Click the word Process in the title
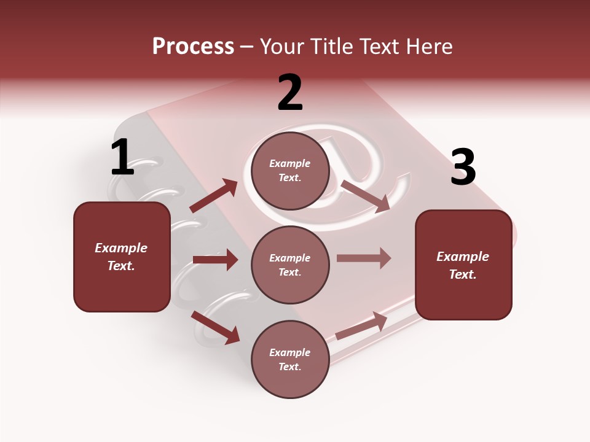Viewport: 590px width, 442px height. pos(193,46)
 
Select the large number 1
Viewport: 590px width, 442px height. pos(122,158)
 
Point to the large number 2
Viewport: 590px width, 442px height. pos(290,93)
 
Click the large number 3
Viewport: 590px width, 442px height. pos(463,168)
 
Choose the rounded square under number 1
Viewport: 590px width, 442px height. pos(122,257)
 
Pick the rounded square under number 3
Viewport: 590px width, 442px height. pos(463,265)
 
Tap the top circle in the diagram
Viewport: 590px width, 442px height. pos(290,171)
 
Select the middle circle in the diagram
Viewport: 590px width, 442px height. pos(290,265)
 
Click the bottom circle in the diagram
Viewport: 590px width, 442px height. pos(290,359)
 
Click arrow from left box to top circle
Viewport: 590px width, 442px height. pos(214,196)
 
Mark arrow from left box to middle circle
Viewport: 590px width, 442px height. pos(215,260)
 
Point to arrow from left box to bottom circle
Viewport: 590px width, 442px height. pos(216,327)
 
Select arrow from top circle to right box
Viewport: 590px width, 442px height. pos(366,196)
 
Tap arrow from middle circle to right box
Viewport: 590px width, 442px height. pos(364,258)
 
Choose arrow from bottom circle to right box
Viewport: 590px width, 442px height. pos(361,326)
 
